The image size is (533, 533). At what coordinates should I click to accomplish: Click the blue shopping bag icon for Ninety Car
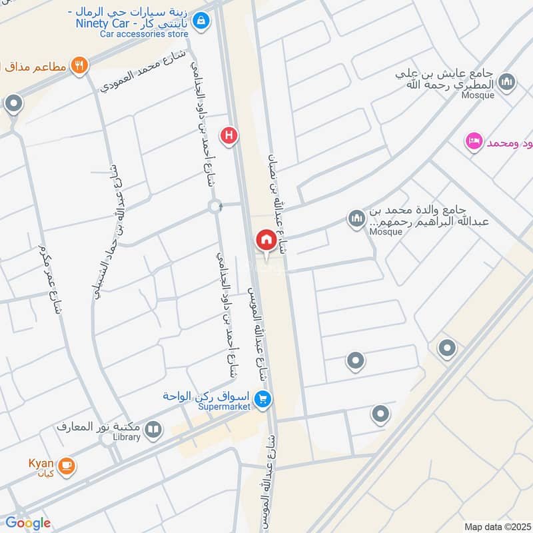click(199, 21)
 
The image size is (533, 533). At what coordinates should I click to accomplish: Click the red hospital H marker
click(230, 135)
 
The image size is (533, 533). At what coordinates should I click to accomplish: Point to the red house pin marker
click(265, 240)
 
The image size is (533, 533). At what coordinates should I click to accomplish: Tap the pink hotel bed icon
click(474, 141)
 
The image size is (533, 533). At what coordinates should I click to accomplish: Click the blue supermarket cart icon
click(263, 400)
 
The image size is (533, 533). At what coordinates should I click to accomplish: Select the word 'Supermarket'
click(223, 406)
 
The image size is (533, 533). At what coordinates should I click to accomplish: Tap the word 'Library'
click(127, 437)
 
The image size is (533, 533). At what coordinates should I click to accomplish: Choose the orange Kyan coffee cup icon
click(66, 466)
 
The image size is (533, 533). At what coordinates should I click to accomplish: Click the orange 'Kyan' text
click(40, 462)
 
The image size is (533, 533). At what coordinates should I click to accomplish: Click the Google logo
click(28, 523)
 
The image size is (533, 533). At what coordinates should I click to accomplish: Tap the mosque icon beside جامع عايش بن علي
click(507, 82)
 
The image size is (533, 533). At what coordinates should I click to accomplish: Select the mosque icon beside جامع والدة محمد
click(356, 218)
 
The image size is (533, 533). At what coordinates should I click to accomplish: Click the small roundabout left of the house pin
click(215, 207)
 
